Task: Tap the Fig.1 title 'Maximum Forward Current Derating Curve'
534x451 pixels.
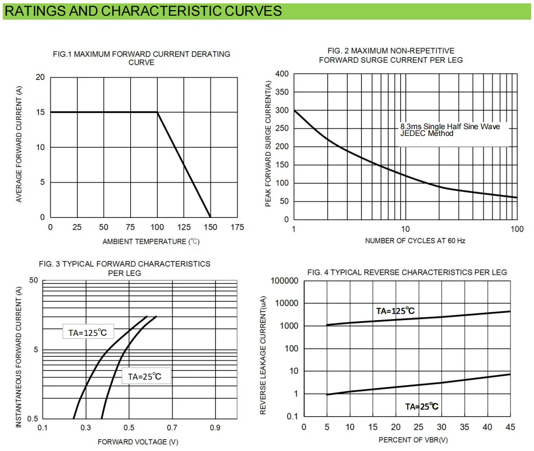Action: [x=141, y=58]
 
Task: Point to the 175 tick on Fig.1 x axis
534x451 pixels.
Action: [x=237, y=227]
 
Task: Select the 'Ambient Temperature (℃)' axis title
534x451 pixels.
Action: [x=151, y=242]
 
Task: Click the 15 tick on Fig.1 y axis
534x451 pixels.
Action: [x=40, y=112]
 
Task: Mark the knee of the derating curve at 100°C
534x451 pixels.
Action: [x=157, y=112]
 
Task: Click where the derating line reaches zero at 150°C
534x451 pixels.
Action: [x=211, y=217]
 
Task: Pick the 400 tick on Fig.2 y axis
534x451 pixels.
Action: [x=282, y=74]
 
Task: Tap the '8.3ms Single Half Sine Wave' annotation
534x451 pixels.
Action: [x=450, y=126]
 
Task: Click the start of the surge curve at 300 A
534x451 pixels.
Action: [x=294, y=111]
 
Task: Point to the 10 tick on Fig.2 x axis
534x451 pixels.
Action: [x=405, y=229]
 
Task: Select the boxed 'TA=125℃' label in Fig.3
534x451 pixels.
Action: [x=87, y=332]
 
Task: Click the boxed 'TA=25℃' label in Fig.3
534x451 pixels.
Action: [x=145, y=376]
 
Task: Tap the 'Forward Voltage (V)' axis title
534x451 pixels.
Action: [x=141, y=441]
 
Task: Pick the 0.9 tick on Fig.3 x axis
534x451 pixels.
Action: [x=215, y=428]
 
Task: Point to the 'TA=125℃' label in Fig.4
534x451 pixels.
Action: [x=395, y=311]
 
